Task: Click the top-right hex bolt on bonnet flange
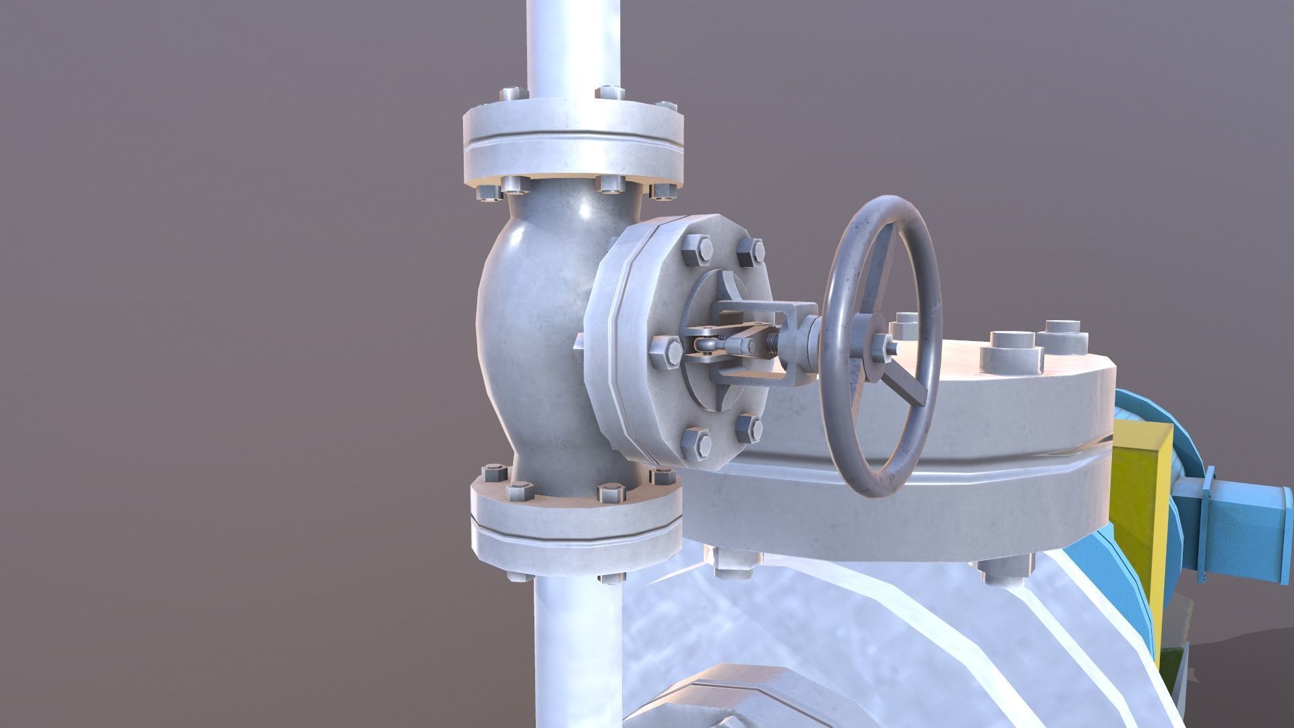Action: (750, 252)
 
